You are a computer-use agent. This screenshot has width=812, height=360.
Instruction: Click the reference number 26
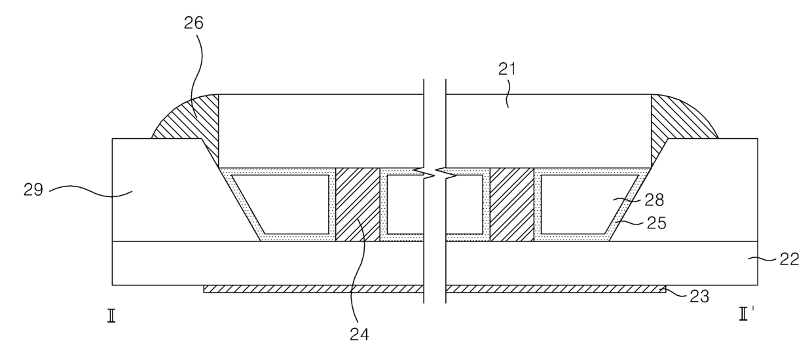[x=194, y=23]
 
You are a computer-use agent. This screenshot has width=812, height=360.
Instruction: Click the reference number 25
[x=657, y=223]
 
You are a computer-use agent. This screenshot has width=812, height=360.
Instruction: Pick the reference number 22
[x=789, y=259]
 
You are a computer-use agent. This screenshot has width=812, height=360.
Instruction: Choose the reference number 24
[x=360, y=334]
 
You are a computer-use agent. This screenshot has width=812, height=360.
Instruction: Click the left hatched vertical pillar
[x=358, y=204]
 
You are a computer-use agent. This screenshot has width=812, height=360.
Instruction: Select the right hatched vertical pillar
[x=512, y=204]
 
